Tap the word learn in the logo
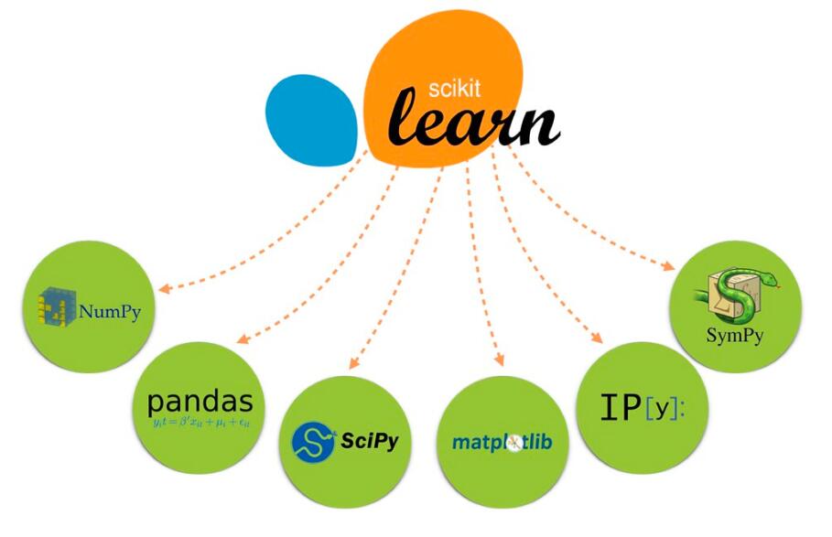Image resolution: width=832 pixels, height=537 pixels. point(473,124)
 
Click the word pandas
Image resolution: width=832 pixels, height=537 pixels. point(200,402)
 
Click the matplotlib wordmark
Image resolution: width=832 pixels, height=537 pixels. point(508,442)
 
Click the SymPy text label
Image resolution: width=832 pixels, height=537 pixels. point(734,335)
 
